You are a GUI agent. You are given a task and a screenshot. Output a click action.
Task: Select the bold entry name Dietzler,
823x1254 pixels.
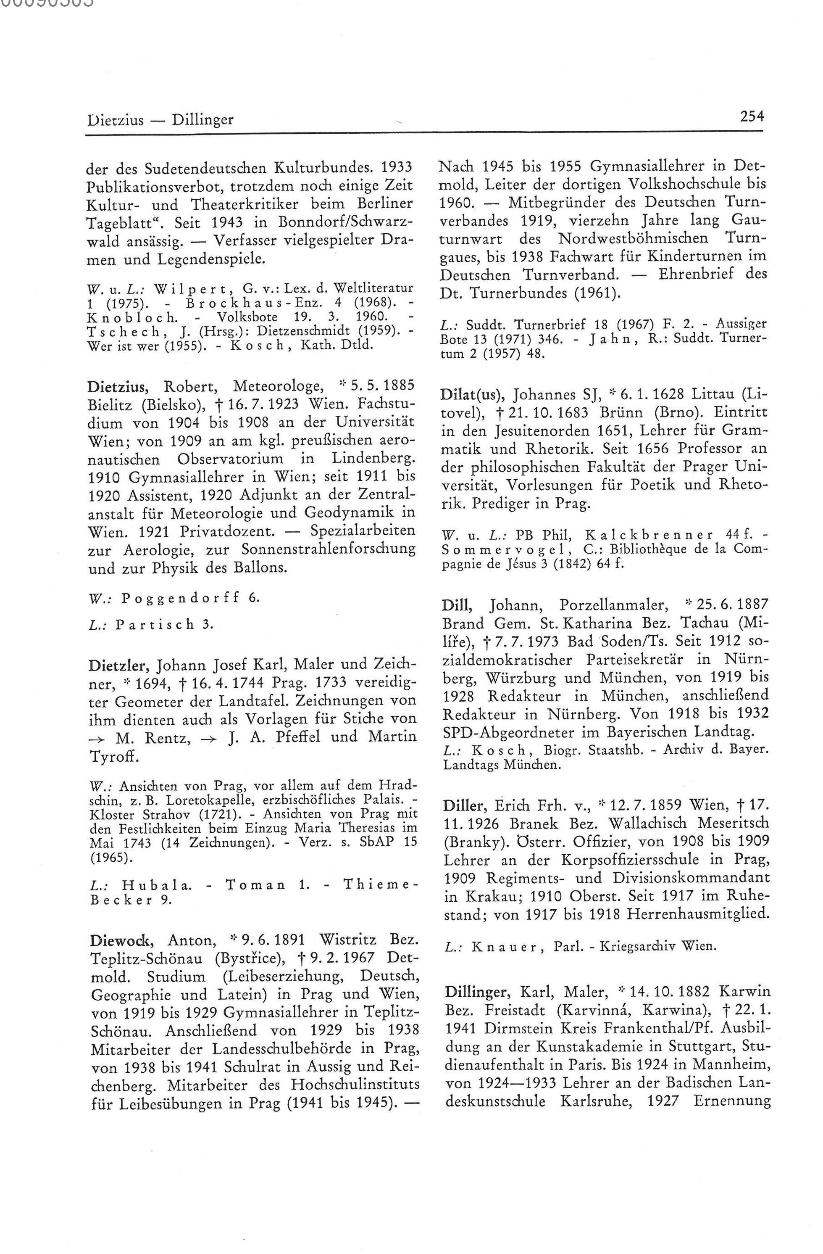(120, 665)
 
